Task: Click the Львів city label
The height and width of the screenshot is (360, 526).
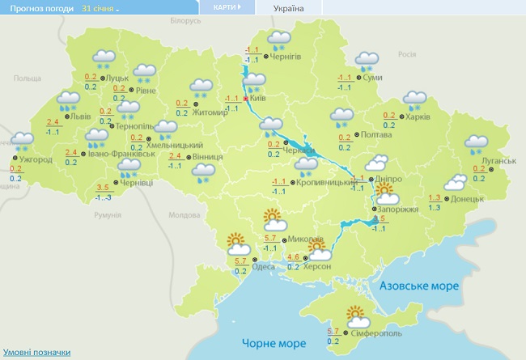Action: (x=82, y=116)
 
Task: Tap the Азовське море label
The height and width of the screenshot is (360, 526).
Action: (x=420, y=286)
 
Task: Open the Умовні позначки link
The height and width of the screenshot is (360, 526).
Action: (x=36, y=353)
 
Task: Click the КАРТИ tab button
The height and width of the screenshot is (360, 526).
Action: (x=226, y=7)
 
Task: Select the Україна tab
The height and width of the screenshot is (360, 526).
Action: (x=289, y=8)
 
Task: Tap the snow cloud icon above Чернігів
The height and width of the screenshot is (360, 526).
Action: (x=279, y=39)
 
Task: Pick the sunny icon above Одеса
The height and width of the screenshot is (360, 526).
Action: (x=237, y=244)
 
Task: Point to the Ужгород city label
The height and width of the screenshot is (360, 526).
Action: (x=37, y=159)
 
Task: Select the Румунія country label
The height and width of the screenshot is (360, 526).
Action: (x=107, y=215)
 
